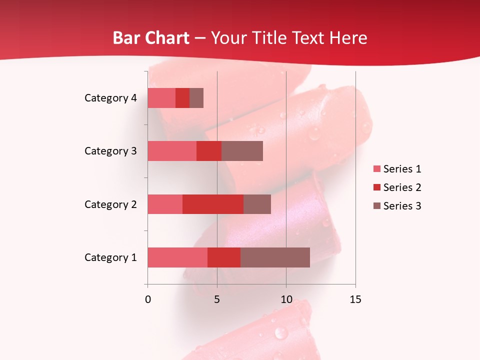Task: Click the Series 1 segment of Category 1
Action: tap(177, 257)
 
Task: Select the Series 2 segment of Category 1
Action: tap(224, 257)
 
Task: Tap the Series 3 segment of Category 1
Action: tap(275, 257)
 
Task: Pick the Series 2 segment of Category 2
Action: tap(213, 204)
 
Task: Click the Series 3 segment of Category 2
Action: tap(257, 204)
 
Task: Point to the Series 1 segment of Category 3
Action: tap(172, 151)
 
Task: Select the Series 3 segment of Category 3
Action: tap(242, 151)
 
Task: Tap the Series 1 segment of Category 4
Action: tap(161, 98)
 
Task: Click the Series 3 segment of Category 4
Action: tap(196, 98)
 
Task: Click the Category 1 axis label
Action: tap(110, 257)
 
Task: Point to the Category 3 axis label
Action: tap(110, 151)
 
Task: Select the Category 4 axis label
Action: tap(110, 98)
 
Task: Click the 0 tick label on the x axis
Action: tap(148, 300)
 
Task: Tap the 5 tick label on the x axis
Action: tap(217, 300)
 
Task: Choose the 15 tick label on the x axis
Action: tap(355, 300)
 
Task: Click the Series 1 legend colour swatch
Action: tap(377, 169)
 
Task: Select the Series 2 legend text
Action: tap(402, 187)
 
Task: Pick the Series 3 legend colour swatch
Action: tap(377, 206)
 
